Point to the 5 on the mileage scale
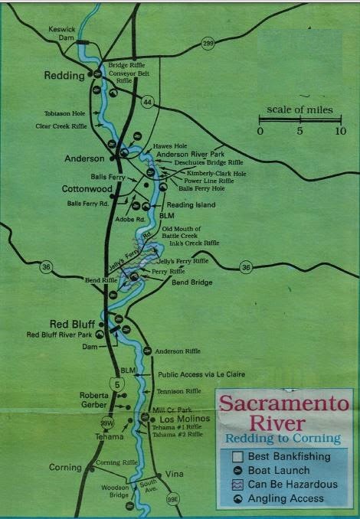pos(299,131)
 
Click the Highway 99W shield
pos(107,422)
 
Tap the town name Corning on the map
pos(65,467)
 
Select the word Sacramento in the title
pos(284,404)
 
